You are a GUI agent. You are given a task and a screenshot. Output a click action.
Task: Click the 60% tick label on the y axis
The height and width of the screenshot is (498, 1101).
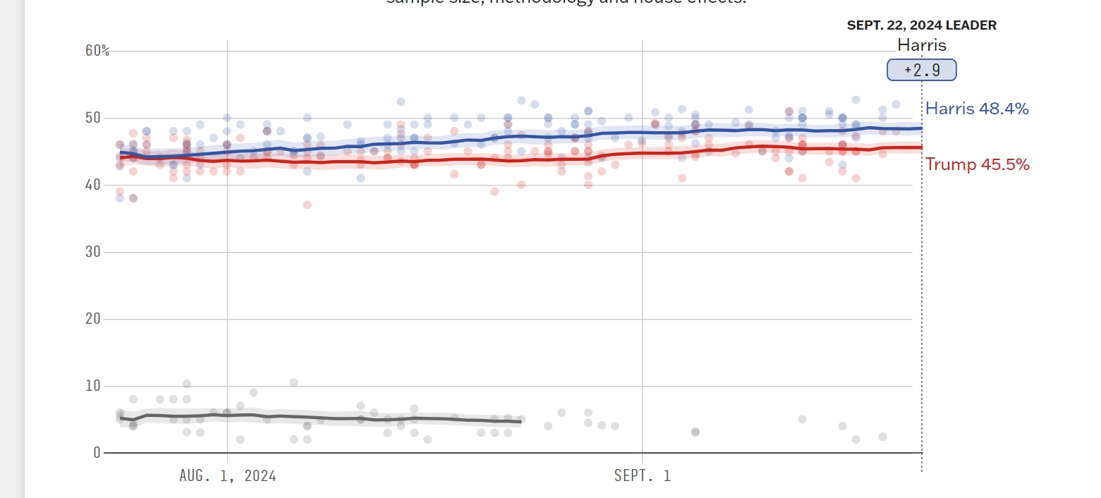coord(97,51)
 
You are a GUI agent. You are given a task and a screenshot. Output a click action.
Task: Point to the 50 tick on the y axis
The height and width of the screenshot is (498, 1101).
coord(92,118)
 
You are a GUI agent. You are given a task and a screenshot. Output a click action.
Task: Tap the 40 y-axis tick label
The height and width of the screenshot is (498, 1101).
coord(92,185)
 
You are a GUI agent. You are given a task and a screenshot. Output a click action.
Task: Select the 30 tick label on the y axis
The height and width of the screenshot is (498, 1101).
coord(92,252)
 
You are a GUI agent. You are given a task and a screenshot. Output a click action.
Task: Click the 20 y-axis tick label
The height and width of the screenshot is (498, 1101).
coord(92,319)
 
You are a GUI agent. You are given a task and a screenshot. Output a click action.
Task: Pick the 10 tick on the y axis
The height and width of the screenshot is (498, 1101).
coord(92,386)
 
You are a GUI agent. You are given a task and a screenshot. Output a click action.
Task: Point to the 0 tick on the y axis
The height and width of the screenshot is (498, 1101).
coord(97,452)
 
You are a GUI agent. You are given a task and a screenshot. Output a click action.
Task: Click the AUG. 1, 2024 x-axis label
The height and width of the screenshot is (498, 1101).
coord(228,476)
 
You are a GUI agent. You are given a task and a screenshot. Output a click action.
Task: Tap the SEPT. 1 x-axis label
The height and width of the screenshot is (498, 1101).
coord(643,476)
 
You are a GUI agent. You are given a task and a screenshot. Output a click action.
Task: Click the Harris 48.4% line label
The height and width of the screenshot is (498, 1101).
coord(977,109)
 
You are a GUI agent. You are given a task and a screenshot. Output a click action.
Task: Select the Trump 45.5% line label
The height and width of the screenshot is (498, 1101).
coord(977,164)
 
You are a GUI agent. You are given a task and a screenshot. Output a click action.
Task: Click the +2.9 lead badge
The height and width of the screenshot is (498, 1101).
coord(922,71)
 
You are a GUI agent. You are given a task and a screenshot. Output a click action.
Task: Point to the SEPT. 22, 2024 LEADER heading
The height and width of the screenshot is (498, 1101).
coord(921,25)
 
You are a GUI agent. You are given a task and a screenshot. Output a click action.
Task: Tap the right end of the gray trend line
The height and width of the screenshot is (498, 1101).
coord(521,422)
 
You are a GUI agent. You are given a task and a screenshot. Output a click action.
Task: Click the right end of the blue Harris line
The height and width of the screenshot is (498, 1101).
coord(920,128)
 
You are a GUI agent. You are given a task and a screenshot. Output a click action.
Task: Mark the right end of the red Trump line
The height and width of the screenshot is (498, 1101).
coord(920,147)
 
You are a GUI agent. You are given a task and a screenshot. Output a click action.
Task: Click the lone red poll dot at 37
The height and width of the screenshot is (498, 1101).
coord(307,205)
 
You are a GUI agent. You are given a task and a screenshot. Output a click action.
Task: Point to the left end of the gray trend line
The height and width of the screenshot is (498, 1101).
coord(120,418)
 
